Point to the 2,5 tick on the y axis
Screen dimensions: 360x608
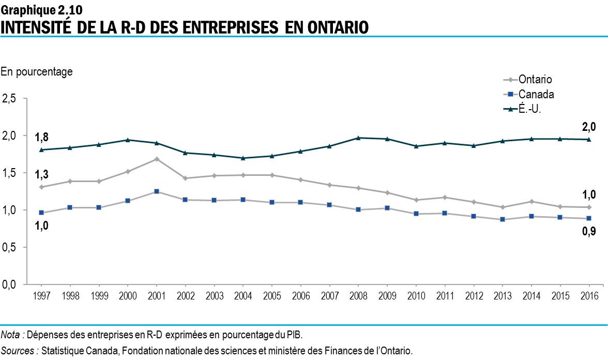pos(10,98)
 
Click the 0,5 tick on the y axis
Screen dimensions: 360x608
pos(10,247)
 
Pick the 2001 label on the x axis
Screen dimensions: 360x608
pos(156,296)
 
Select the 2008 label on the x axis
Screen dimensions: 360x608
pos(358,296)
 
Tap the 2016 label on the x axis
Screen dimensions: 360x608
pos(589,296)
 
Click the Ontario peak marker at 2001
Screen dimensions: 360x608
pos(156,159)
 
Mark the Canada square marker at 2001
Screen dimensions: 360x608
pos(156,191)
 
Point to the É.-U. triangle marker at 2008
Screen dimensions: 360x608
pos(358,138)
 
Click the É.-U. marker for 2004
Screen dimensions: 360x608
pos(243,158)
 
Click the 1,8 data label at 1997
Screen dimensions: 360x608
pos(42,137)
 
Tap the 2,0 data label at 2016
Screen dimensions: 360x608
pos(589,126)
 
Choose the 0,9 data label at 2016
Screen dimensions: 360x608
pos(589,231)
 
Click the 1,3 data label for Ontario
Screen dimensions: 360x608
pos(42,174)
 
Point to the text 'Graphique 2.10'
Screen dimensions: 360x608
pos(41,9)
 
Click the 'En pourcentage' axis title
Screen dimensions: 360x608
pos(37,72)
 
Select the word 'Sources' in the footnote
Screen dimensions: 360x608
pos(20,350)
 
